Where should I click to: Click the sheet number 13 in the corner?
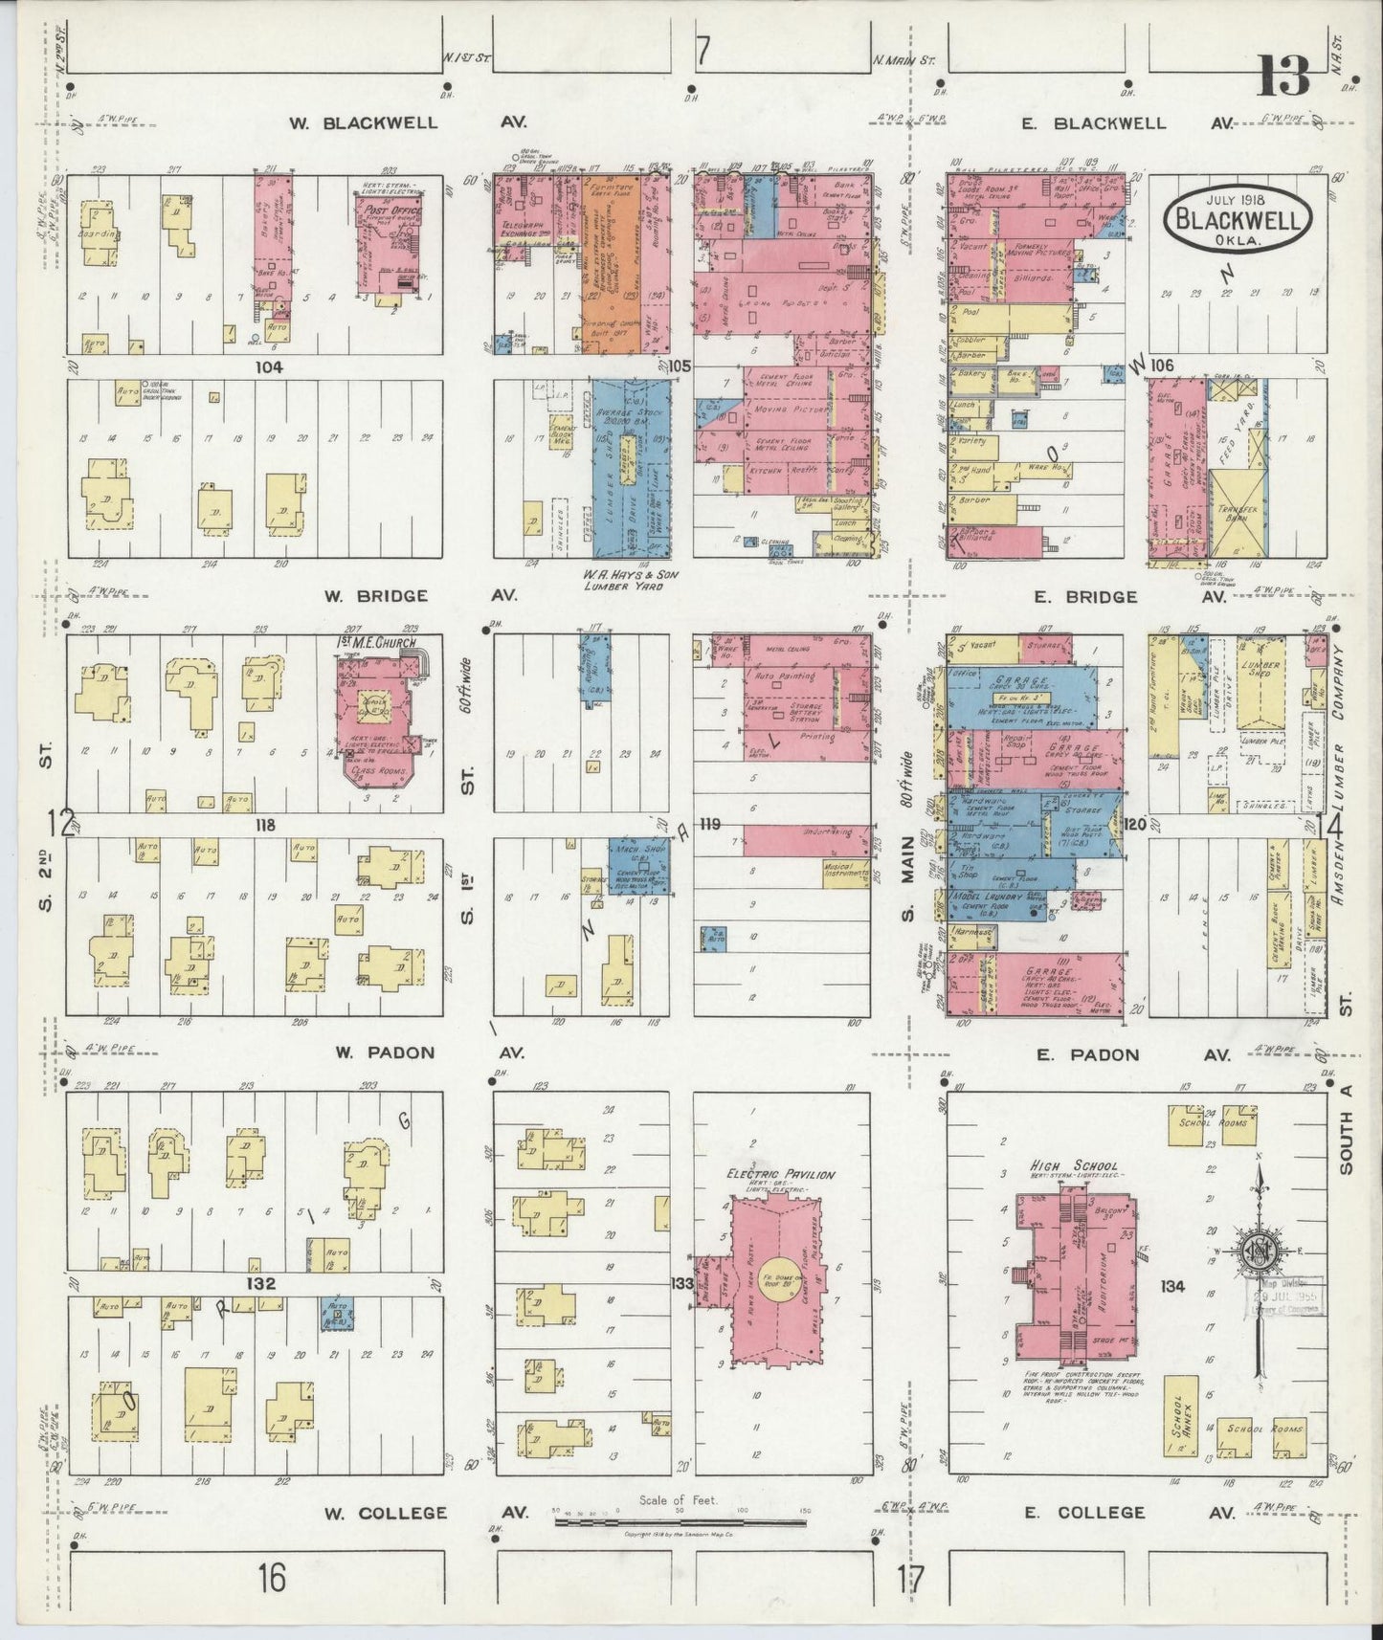point(1283,76)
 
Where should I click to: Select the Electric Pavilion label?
point(781,1174)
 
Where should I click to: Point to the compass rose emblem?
point(1260,1251)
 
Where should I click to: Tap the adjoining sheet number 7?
point(703,52)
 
